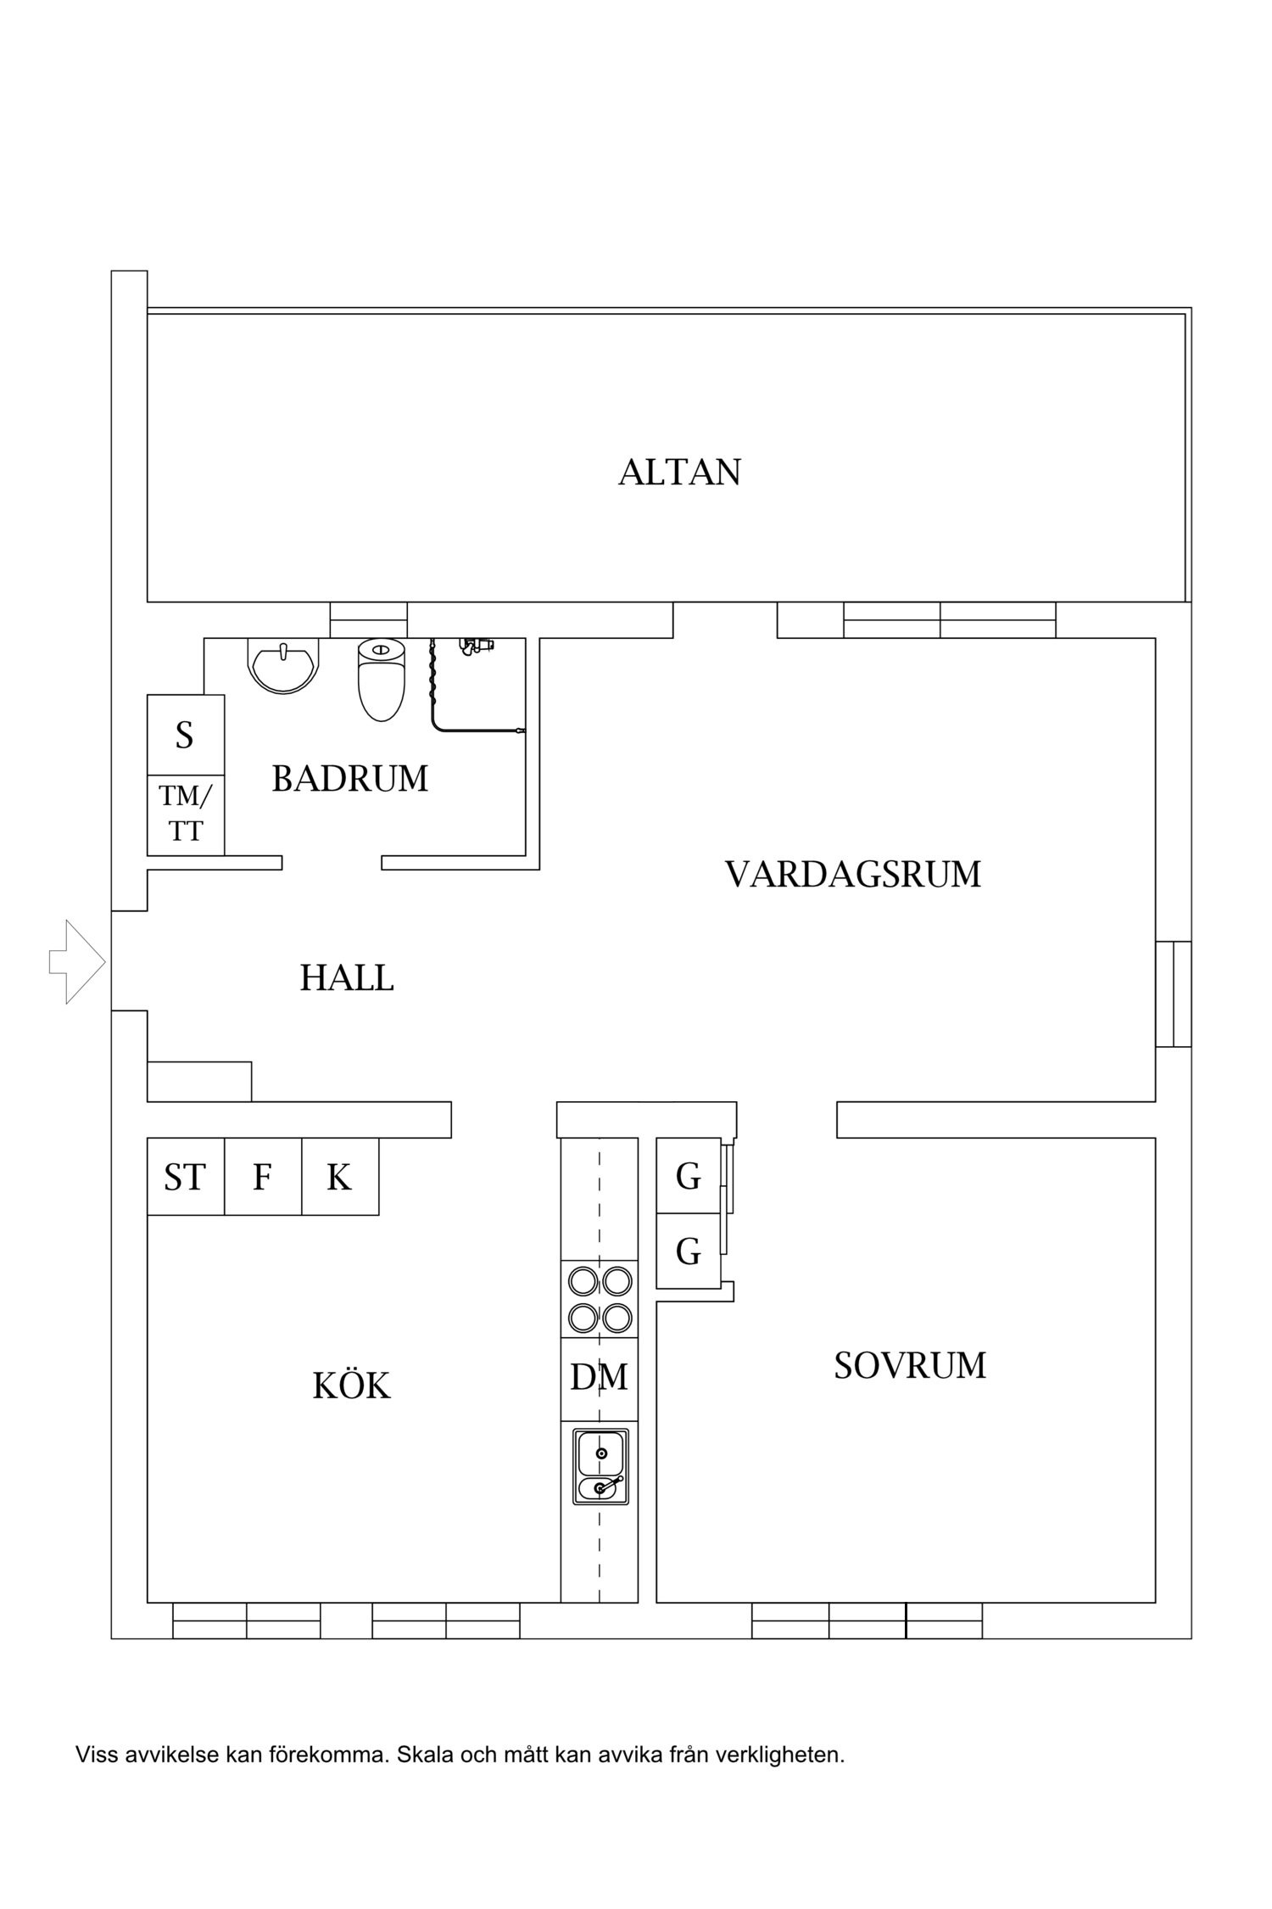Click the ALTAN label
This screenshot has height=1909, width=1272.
click(x=679, y=472)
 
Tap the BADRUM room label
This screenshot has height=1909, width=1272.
click(x=349, y=778)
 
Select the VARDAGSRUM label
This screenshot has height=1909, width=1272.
click(x=852, y=874)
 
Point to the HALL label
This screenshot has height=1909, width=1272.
click(x=347, y=978)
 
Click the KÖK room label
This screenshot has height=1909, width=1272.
click(x=351, y=1386)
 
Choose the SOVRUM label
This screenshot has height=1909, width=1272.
click(x=910, y=1365)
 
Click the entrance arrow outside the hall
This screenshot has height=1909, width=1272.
click(x=77, y=962)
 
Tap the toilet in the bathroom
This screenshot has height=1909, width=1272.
click(x=382, y=679)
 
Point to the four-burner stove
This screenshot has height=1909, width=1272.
click(x=600, y=1299)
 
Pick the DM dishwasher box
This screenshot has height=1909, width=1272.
click(x=599, y=1377)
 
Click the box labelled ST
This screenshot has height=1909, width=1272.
click(x=185, y=1177)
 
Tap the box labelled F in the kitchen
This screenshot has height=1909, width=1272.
click(x=262, y=1177)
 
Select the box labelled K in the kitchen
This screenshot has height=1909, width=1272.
click(x=339, y=1177)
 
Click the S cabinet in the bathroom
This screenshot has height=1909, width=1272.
click(x=185, y=735)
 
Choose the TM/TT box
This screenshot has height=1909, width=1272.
click(x=185, y=814)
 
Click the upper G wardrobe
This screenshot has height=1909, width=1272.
click(x=688, y=1176)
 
